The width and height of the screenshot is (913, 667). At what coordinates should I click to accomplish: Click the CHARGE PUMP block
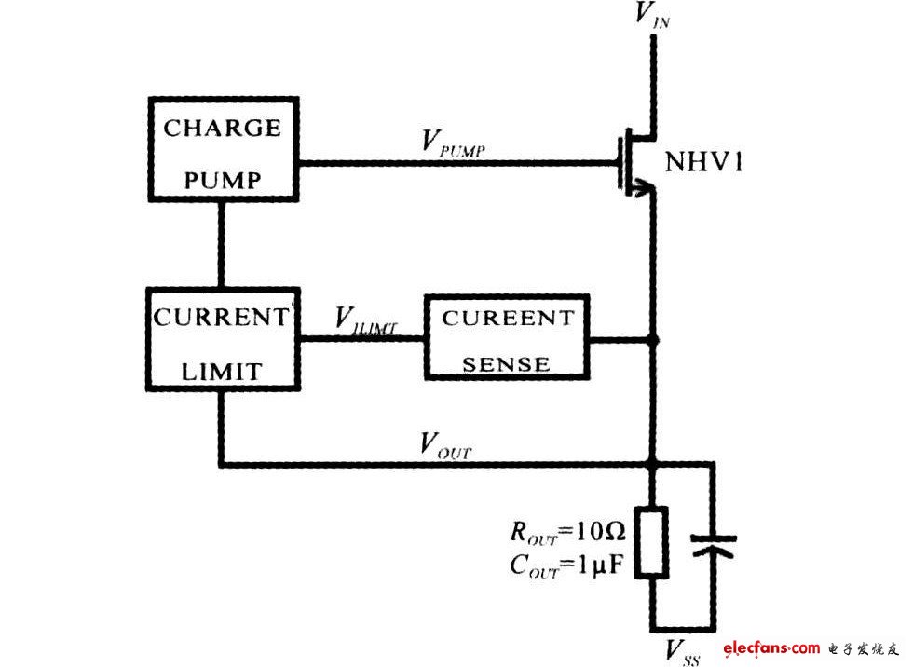click(x=223, y=148)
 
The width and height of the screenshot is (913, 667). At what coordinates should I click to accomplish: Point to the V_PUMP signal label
click(x=453, y=142)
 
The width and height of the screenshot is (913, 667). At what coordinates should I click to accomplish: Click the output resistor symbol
click(x=651, y=543)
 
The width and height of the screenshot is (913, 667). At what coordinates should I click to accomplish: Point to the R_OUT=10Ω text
click(x=567, y=534)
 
